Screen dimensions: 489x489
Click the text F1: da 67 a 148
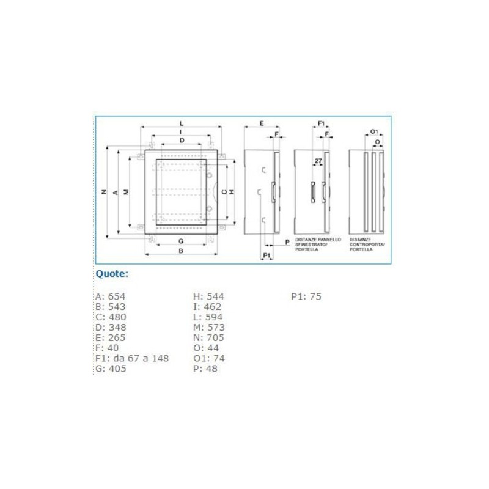pyautogui.click(x=132, y=358)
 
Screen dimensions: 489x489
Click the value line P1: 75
pyautogui.click(x=306, y=296)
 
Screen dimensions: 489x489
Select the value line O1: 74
pyautogui.click(x=209, y=358)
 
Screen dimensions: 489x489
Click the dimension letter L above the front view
pyautogui.click(x=181, y=123)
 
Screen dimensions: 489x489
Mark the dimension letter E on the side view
pyautogui.click(x=261, y=123)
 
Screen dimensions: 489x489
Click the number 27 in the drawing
pyautogui.click(x=318, y=161)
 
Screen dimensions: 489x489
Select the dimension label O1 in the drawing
pyautogui.click(x=374, y=131)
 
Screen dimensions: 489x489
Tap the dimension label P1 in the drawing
pyautogui.click(x=267, y=254)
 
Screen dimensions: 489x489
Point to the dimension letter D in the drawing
pyautogui.click(x=182, y=141)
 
